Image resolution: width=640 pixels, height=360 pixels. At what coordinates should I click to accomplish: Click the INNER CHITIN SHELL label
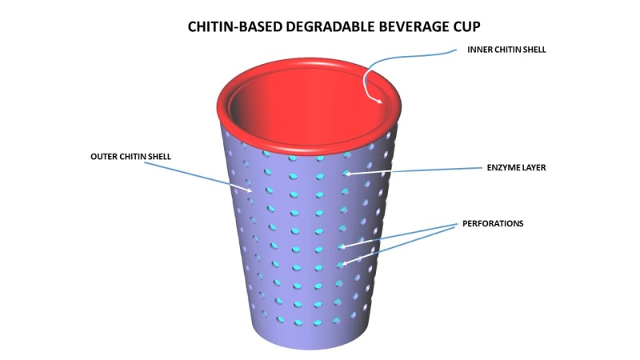(507, 50)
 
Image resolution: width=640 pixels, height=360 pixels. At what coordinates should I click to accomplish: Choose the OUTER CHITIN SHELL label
(130, 156)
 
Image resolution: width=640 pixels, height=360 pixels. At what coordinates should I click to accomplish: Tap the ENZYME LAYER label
(516, 168)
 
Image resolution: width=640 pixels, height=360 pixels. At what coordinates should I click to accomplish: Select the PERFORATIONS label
(493, 223)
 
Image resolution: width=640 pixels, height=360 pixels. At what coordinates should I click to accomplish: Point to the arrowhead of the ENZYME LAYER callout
(347, 173)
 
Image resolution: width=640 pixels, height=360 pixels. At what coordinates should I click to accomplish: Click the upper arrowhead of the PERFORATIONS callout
(342, 246)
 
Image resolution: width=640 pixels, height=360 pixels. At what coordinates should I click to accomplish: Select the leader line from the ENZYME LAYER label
(416, 170)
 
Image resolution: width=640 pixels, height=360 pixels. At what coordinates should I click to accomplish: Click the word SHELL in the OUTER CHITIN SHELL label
(160, 156)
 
